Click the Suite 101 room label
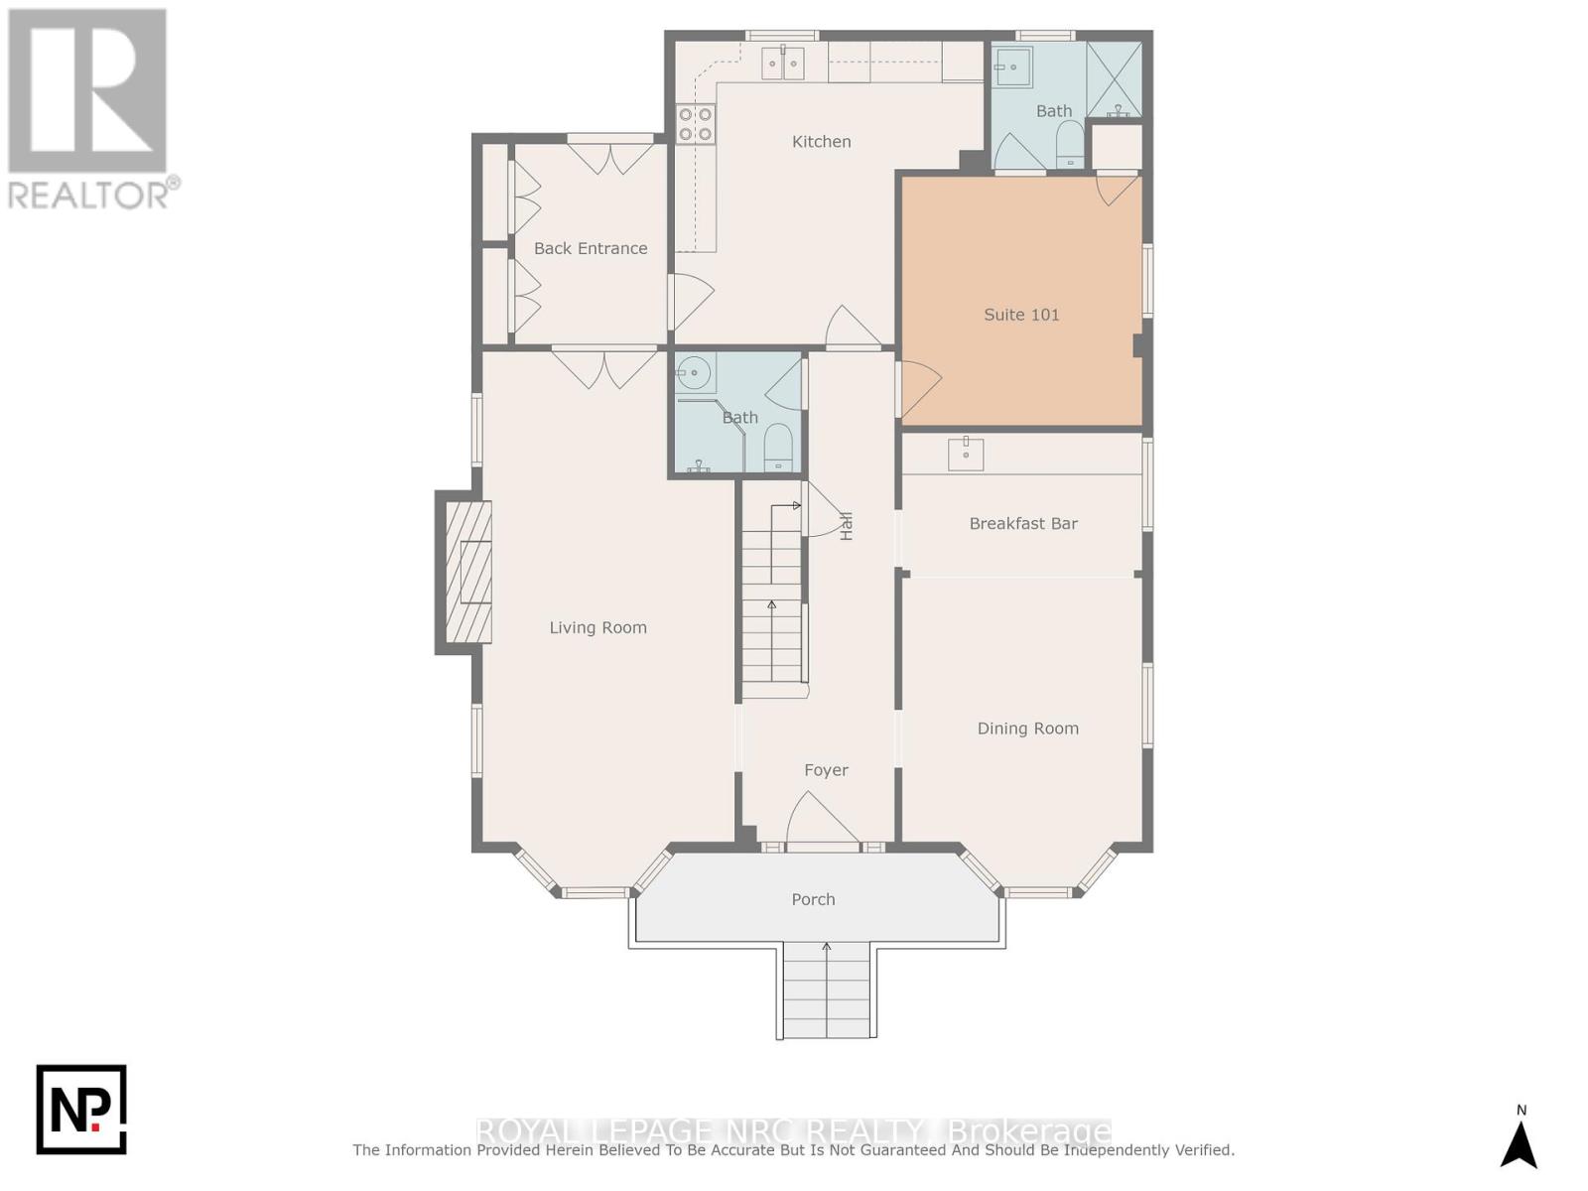click(x=1021, y=315)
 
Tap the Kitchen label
click(x=821, y=142)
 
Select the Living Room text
click(x=597, y=627)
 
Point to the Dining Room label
click(x=1027, y=728)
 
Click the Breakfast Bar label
click(x=1023, y=524)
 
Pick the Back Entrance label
click(x=591, y=248)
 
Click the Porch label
click(x=813, y=899)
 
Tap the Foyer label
click(x=826, y=770)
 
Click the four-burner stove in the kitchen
click(x=696, y=124)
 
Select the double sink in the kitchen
click(x=782, y=63)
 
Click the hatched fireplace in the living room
click(x=467, y=572)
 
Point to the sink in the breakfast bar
click(x=965, y=455)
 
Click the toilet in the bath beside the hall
click(x=778, y=448)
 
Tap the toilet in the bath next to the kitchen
click(x=1069, y=145)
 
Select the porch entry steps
click(x=826, y=991)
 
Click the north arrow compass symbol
click(x=1521, y=1146)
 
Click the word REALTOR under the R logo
click(x=87, y=196)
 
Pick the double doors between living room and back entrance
click(x=603, y=367)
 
